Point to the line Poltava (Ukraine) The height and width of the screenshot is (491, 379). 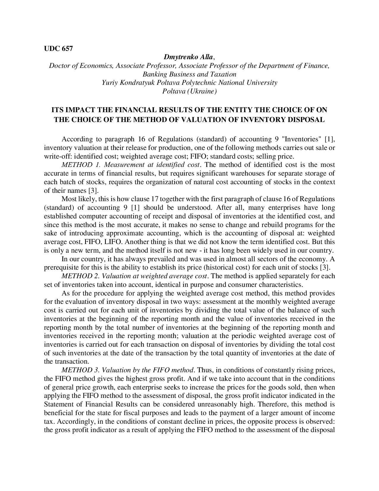[x=189, y=91]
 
